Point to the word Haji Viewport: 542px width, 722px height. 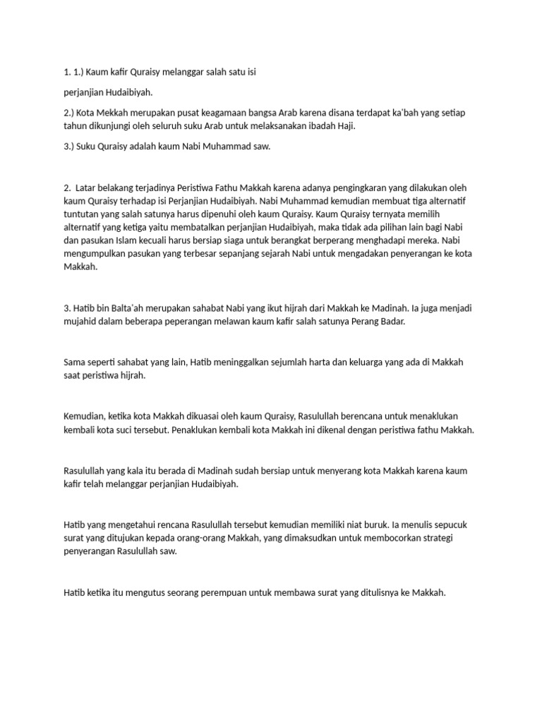pyautogui.click(x=346, y=126)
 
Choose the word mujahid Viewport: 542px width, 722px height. pyautogui.click(x=82, y=322)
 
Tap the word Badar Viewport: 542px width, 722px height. pyautogui.click(x=392, y=322)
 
